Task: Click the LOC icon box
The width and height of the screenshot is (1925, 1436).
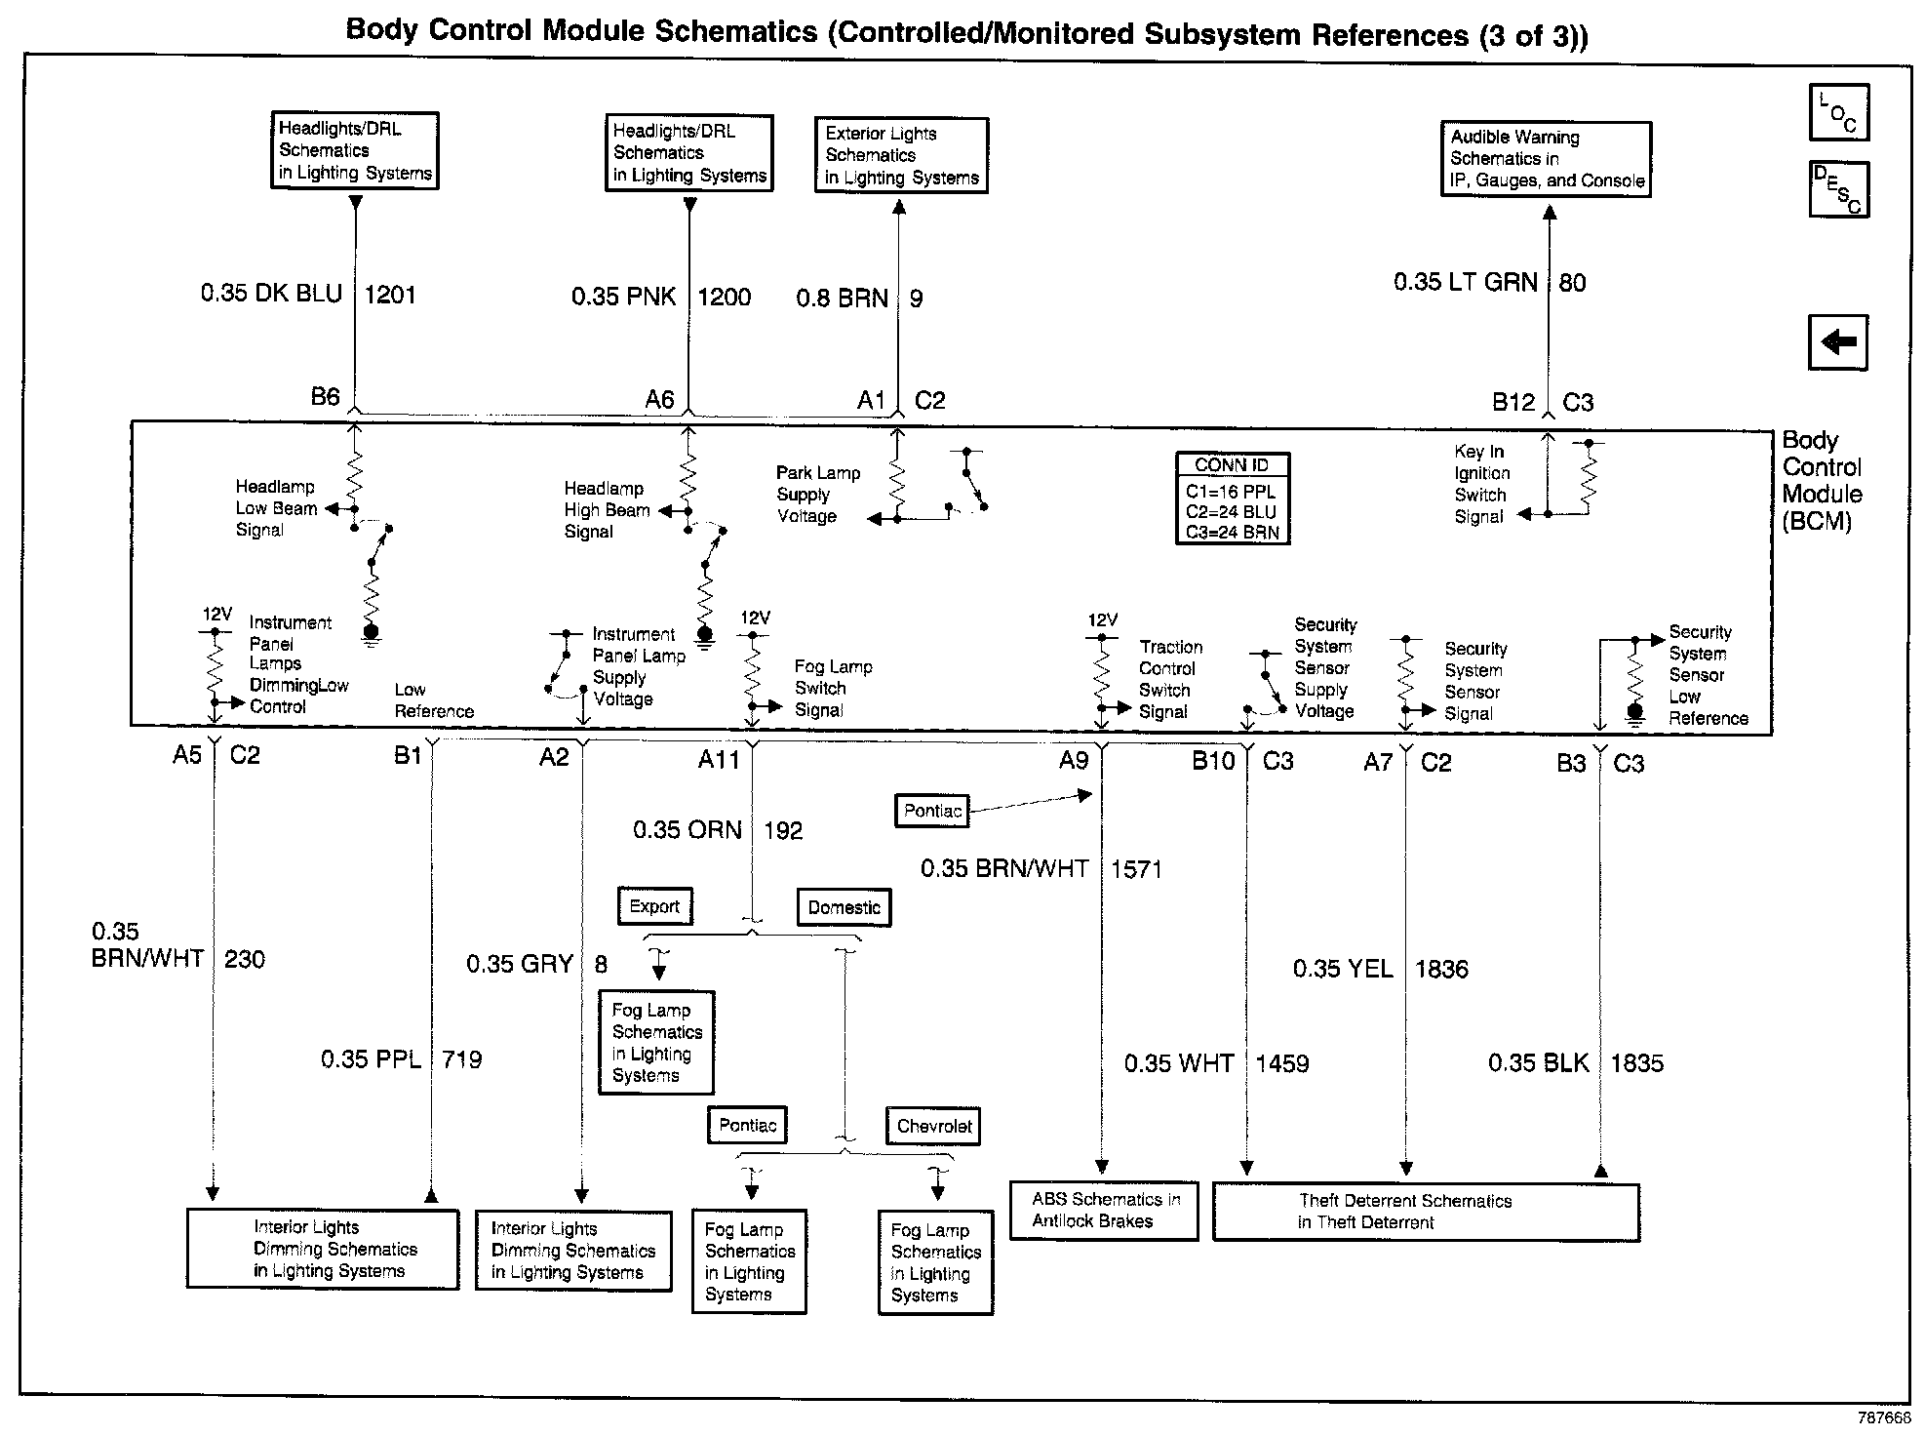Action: tap(1838, 113)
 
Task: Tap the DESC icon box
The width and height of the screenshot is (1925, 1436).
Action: tap(1838, 189)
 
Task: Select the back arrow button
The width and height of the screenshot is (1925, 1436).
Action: tap(1837, 342)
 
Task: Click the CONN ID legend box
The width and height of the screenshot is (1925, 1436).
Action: tap(1232, 499)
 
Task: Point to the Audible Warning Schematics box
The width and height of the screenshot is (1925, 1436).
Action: tap(1546, 159)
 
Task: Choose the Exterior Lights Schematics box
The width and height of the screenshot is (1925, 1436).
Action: tap(900, 156)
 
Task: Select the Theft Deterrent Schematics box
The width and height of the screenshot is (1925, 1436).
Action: tap(1425, 1212)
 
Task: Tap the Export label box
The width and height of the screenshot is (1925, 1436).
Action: tap(654, 906)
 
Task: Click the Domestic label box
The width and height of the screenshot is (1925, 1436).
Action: tap(844, 907)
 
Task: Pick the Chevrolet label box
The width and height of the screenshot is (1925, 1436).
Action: tap(933, 1126)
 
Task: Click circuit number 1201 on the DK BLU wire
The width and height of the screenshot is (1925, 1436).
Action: tap(390, 295)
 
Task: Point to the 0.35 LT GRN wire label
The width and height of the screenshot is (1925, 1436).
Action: tap(1465, 282)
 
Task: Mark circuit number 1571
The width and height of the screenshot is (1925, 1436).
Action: tap(1136, 869)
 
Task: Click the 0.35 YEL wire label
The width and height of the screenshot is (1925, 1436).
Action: tap(1342, 969)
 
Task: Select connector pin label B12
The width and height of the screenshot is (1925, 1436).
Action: tap(1512, 402)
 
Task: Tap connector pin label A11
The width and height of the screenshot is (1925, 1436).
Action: tap(719, 760)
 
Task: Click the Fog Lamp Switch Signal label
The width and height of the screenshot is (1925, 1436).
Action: tap(833, 689)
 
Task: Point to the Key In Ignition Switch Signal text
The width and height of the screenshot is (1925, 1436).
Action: tap(1480, 485)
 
